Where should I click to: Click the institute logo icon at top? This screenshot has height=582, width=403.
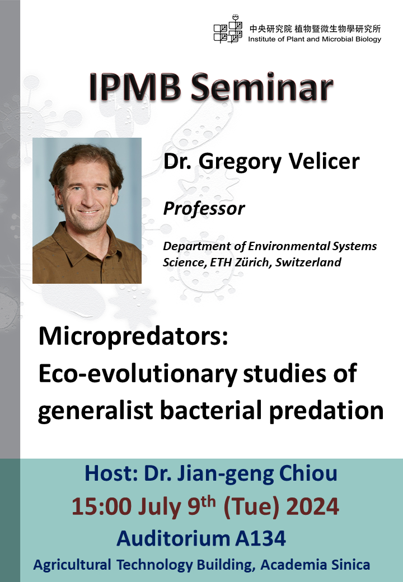click(228, 29)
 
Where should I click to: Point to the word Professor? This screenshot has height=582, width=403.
click(204, 209)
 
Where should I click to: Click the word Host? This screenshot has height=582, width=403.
click(110, 473)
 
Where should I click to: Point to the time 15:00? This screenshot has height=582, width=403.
click(101, 506)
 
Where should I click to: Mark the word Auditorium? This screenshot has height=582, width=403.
click(171, 538)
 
